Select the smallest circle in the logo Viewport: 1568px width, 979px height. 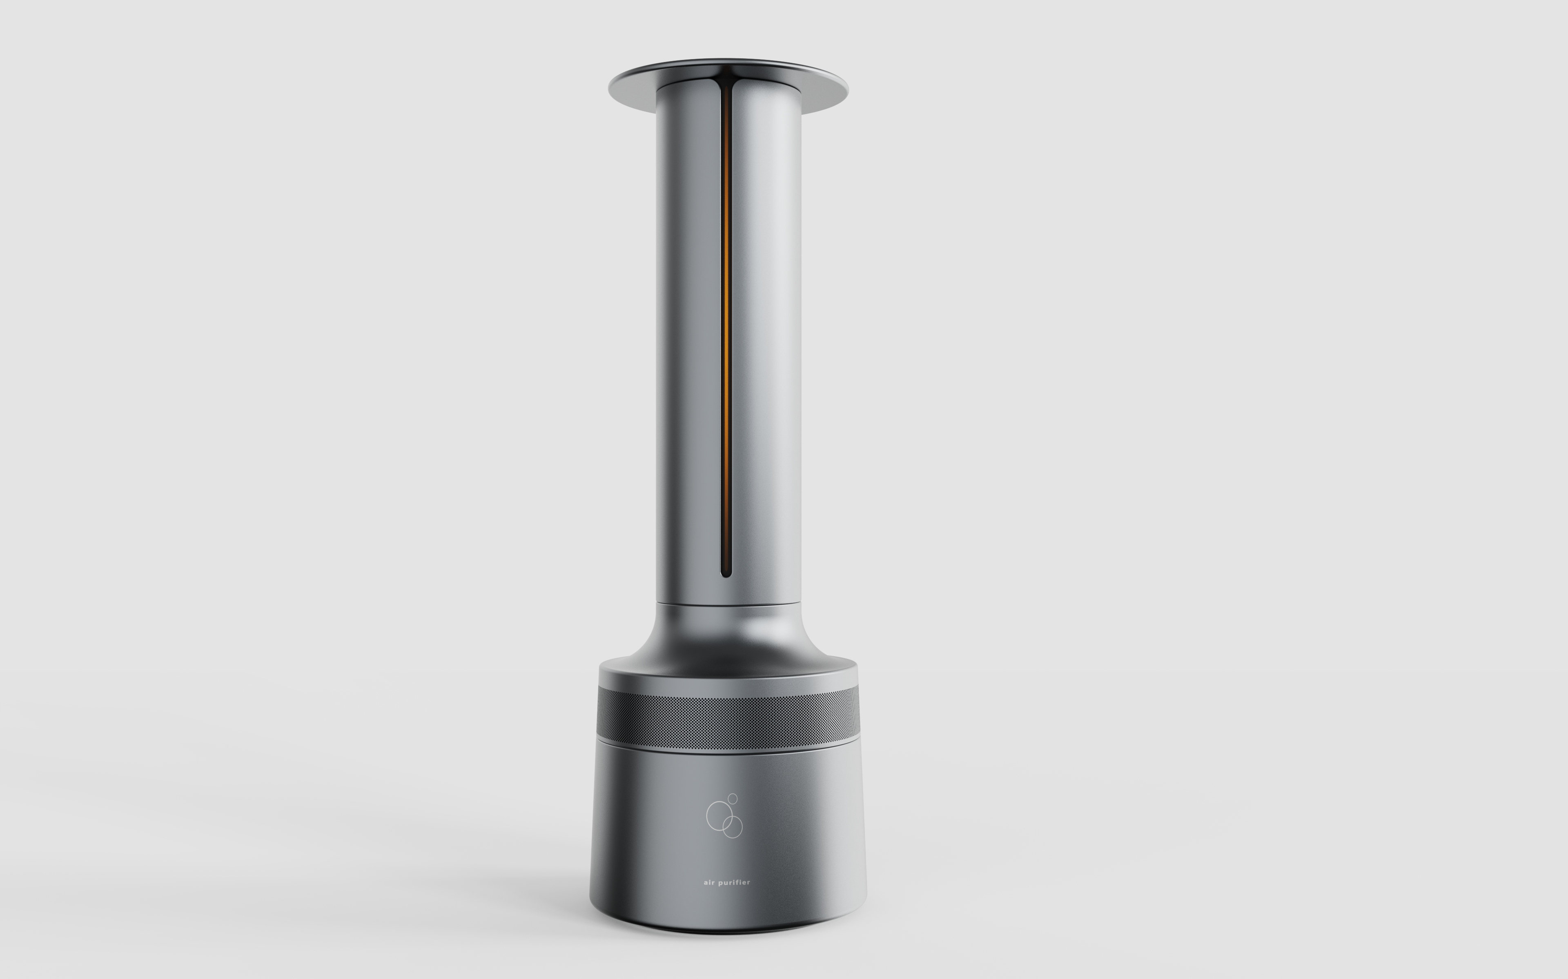[x=733, y=798]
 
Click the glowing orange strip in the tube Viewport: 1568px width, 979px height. [x=726, y=324]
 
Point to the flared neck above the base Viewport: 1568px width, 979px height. [x=728, y=638]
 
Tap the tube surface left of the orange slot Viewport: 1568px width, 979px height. [x=686, y=324]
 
